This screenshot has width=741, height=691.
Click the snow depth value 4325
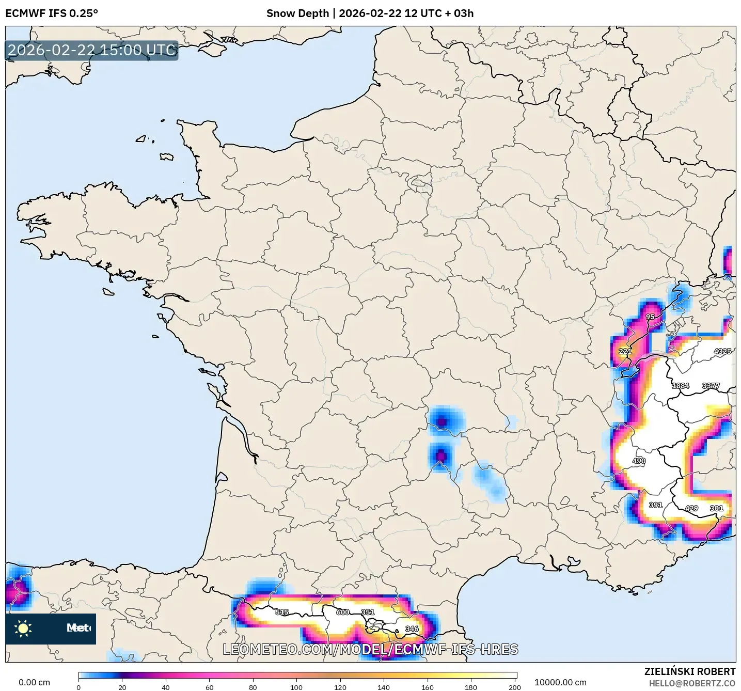tap(722, 351)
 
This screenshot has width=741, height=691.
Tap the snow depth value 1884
tap(680, 386)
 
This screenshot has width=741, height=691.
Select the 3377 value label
tap(711, 386)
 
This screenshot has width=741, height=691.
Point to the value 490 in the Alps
tap(639, 461)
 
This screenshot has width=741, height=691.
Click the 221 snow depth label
tap(625, 351)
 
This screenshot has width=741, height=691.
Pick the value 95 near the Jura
tap(650, 317)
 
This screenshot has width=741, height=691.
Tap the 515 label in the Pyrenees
tap(282, 612)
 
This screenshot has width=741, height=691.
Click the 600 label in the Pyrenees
tap(343, 612)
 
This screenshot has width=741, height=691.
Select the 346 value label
tap(412, 629)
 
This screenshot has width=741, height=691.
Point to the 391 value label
tap(655, 505)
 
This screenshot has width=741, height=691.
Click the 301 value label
tap(716, 508)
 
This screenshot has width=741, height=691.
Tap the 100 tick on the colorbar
tap(296, 687)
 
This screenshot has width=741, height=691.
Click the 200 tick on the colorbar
tap(514, 687)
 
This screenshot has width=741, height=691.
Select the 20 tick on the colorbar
tap(122, 687)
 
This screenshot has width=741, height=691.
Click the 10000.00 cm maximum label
tap(560, 682)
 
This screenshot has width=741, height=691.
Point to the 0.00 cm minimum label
tap(34, 682)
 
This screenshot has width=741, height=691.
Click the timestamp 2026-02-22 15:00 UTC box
tap(92, 50)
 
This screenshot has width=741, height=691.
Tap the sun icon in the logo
tap(23, 629)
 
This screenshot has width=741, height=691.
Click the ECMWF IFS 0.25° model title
tap(52, 13)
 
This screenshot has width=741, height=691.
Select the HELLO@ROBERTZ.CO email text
tap(692, 683)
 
